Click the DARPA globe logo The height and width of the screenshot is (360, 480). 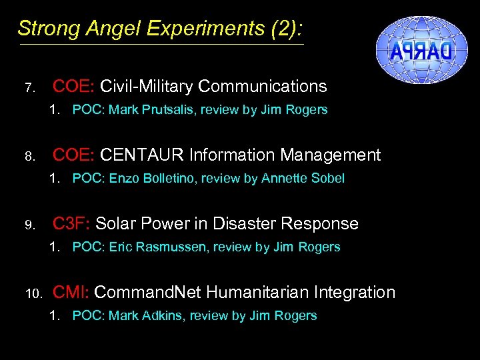(x=423, y=50)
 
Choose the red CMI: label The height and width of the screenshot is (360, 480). (x=71, y=292)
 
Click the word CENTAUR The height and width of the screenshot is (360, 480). (x=142, y=155)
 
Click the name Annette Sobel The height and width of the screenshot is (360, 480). (x=303, y=179)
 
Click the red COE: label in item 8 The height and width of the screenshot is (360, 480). (x=73, y=155)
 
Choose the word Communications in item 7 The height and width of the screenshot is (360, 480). (x=263, y=87)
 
